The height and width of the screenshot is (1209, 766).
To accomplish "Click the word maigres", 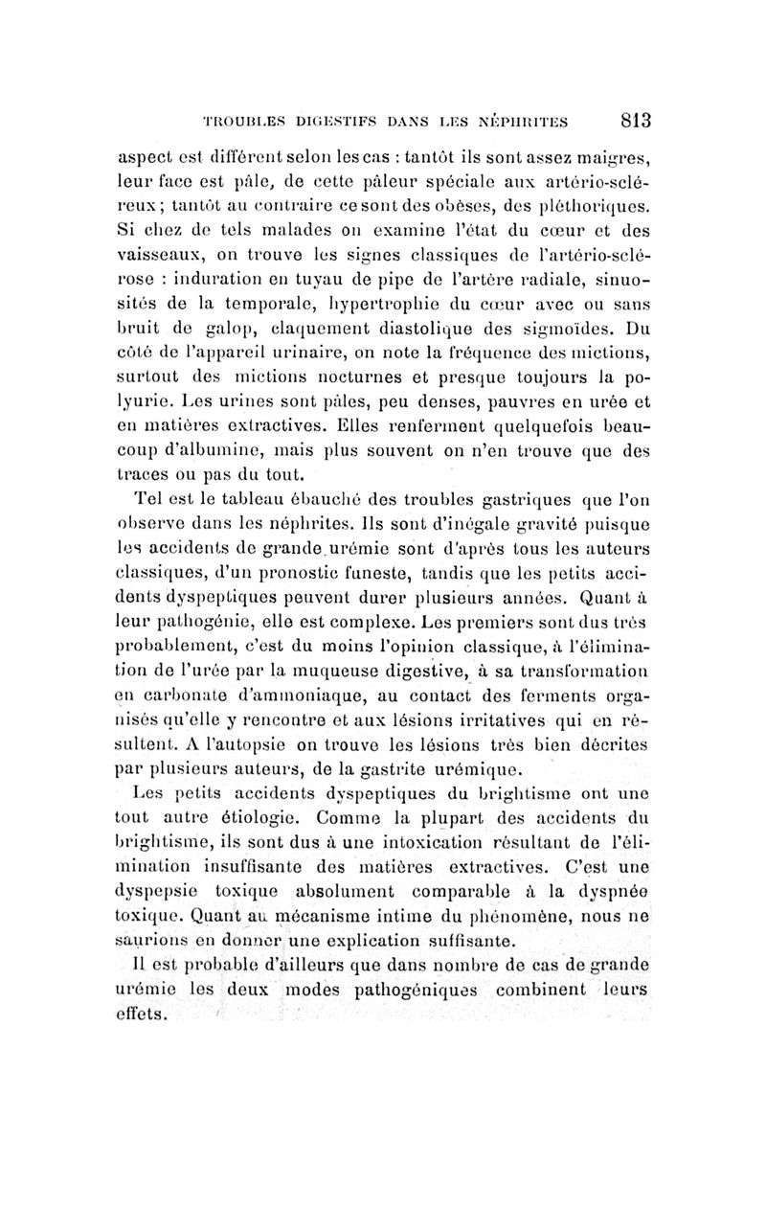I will coord(614,157).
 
